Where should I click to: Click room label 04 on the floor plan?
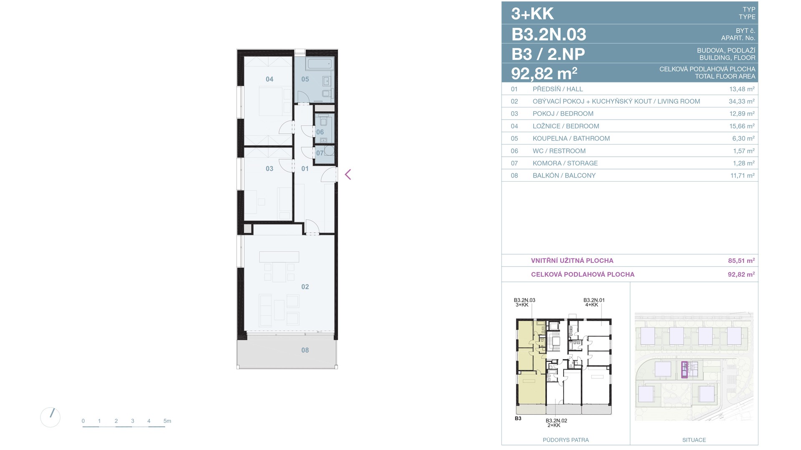click(x=270, y=79)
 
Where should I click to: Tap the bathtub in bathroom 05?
click(x=319, y=64)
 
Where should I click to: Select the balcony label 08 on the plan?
click(x=305, y=350)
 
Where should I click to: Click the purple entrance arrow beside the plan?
click(x=348, y=175)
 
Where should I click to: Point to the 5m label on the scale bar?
click(x=167, y=421)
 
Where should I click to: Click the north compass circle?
click(x=50, y=417)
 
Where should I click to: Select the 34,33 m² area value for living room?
click(x=739, y=101)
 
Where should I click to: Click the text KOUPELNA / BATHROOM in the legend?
click(x=571, y=138)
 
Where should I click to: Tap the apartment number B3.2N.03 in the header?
click(x=549, y=34)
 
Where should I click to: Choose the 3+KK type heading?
click(x=532, y=14)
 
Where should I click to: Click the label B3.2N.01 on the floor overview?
click(x=594, y=300)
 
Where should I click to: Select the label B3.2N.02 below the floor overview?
click(x=557, y=420)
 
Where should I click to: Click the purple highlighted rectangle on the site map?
click(x=684, y=370)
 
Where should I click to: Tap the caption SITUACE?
click(x=694, y=440)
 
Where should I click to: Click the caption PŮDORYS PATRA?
click(x=566, y=440)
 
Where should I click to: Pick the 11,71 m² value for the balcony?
click(x=742, y=175)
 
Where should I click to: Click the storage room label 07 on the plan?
click(x=320, y=153)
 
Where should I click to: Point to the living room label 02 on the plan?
click(x=305, y=287)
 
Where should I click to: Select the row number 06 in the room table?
click(x=514, y=151)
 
